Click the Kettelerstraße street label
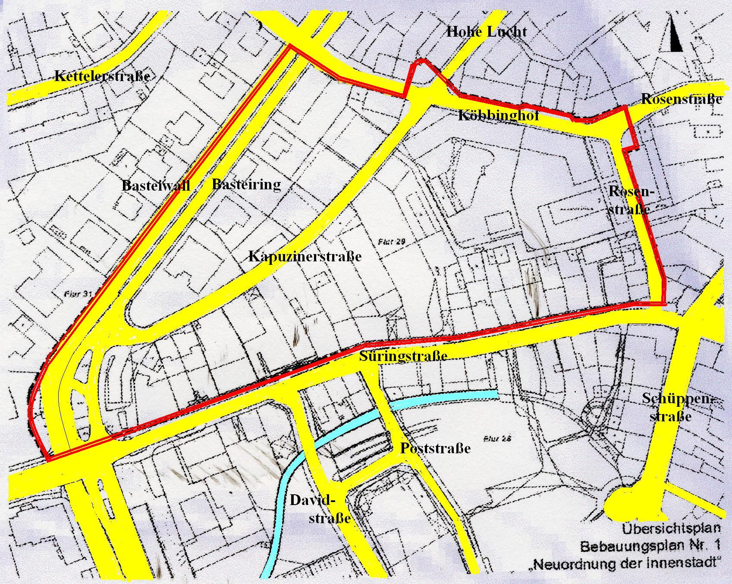pyautogui.click(x=102, y=77)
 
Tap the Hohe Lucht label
pyautogui.click(x=486, y=31)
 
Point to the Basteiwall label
pyautogui.click(x=156, y=185)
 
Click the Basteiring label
pyautogui.click(x=246, y=185)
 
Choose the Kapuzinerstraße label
pyautogui.click(x=305, y=257)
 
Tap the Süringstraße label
pyautogui.click(x=402, y=357)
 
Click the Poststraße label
pyautogui.click(x=435, y=448)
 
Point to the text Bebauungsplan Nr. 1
pyautogui.click(x=650, y=546)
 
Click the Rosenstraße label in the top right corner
pyautogui.click(x=681, y=99)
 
